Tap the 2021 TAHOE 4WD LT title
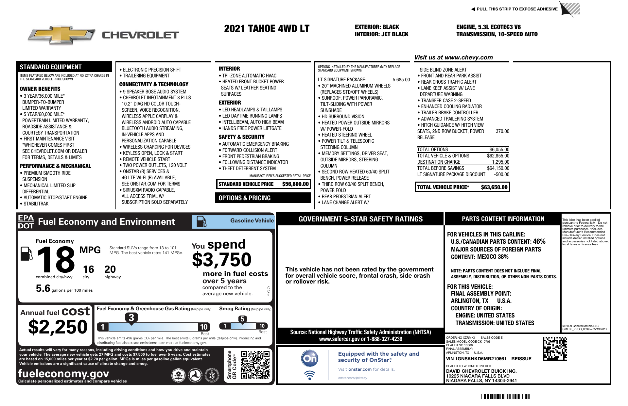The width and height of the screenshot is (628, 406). [x=267, y=29]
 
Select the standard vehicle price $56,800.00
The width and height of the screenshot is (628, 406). [x=295, y=184]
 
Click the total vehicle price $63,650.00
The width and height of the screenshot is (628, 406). [x=494, y=187]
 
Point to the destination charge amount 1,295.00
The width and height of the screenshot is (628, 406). [x=500, y=162]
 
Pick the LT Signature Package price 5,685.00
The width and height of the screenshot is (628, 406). [x=401, y=80]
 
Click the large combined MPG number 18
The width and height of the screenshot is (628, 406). [x=56, y=260]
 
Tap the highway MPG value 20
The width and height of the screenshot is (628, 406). [x=110, y=269]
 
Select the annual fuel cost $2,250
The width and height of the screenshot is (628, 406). [x=58, y=327]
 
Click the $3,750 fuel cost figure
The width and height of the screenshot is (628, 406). [x=222, y=260]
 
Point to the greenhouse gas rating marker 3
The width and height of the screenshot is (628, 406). [x=131, y=317]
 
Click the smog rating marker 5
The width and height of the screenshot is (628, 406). [x=242, y=319]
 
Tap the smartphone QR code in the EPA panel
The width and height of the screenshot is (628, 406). [x=255, y=365]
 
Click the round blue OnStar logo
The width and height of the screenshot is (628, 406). [x=309, y=359]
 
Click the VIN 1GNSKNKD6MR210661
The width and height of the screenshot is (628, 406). [x=476, y=359]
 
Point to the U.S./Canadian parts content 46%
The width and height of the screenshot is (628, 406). [x=539, y=242]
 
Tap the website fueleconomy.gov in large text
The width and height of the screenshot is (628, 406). [x=63, y=373]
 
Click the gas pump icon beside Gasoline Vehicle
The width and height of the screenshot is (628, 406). [x=201, y=222]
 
